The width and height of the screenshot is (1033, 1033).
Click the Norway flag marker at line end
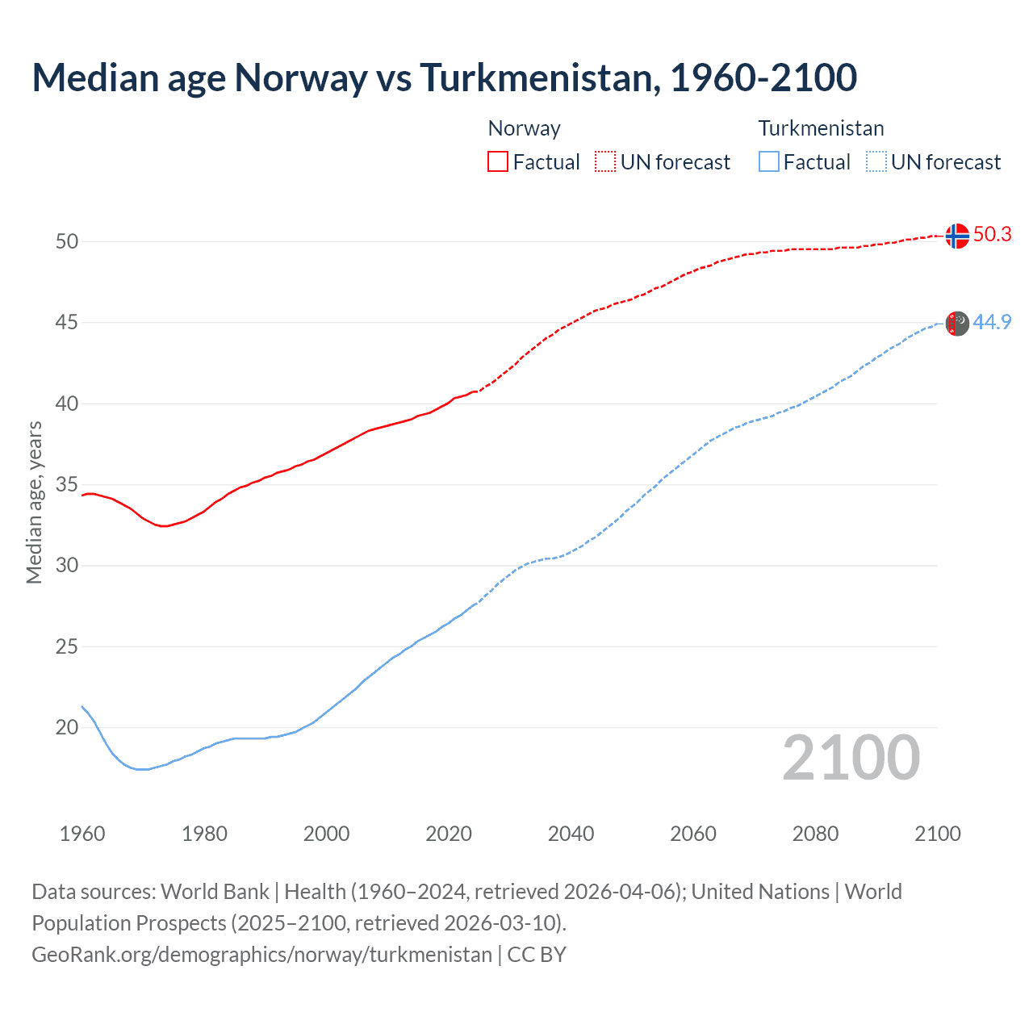pos(956,236)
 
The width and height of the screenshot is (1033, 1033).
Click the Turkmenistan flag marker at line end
pos(956,323)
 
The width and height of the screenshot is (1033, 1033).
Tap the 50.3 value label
pos(992,235)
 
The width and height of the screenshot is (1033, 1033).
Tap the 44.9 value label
pos(992,322)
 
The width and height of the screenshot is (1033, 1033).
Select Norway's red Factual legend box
pos(498,162)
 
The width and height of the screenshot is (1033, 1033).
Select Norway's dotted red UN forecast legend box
pos(605,162)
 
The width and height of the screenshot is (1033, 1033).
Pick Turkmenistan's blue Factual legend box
pos(769,162)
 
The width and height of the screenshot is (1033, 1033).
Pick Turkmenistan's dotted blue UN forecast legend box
pos(876,162)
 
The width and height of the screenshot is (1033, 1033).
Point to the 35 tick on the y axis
pos(67,485)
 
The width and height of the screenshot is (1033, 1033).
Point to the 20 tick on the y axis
pos(67,728)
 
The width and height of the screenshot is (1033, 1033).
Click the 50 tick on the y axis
pos(67,241)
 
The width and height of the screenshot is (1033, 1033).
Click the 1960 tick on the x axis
pos(82,834)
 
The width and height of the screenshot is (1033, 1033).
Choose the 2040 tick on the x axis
pos(571,834)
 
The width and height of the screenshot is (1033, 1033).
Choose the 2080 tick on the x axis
pos(815,834)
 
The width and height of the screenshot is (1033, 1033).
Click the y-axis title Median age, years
pos(34,502)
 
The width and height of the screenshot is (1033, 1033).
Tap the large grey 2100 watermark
pos(851,757)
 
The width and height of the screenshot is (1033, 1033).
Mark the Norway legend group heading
pos(524,128)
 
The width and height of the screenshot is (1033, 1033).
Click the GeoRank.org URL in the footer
pos(261,955)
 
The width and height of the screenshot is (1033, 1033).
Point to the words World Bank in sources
pos(215,892)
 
